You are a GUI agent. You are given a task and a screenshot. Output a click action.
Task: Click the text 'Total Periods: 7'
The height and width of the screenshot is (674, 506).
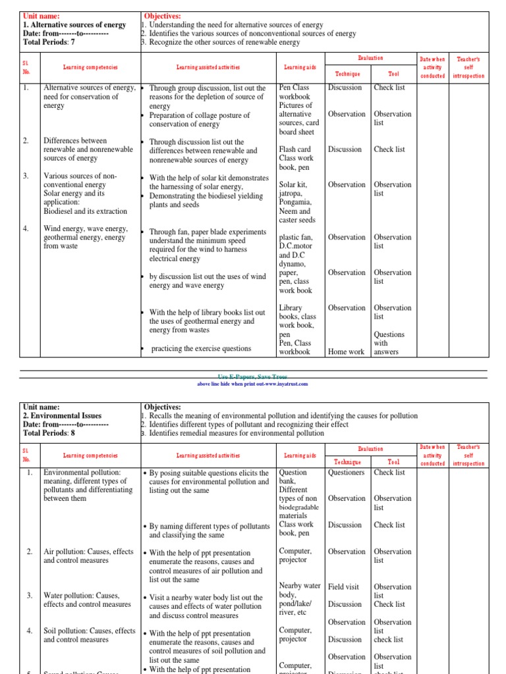[49, 42]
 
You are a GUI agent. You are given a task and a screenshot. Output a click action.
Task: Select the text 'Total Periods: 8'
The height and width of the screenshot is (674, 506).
[49, 434]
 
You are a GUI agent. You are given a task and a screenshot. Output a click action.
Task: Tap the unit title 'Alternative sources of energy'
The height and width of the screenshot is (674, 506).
[74, 25]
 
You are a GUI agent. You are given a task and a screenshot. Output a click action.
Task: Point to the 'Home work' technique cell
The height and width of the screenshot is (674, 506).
[346, 352]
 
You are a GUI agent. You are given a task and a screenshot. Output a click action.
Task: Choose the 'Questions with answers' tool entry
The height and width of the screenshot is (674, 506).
[389, 343]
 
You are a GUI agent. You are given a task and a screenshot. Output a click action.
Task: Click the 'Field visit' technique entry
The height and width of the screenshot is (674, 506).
[344, 586]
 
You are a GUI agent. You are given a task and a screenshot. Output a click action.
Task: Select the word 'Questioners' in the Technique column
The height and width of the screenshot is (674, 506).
[346, 473]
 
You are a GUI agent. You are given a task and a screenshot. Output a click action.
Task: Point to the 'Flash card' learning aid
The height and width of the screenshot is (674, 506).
[295, 149]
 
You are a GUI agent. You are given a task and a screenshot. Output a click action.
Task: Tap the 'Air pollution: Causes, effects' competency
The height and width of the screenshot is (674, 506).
[88, 552]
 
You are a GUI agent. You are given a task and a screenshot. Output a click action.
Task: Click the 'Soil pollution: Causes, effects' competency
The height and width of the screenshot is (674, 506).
[89, 631]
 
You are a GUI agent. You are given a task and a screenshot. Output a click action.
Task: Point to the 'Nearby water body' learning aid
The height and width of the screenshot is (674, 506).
[300, 590]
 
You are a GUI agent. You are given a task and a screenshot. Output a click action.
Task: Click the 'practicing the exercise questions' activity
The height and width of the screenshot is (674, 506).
[201, 349]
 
